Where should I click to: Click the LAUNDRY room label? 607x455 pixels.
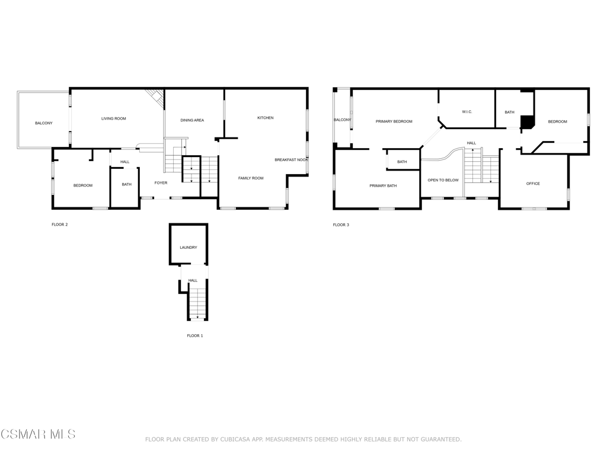point(189,248)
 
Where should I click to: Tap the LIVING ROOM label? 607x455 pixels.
point(113,118)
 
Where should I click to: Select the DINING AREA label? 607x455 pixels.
point(192,120)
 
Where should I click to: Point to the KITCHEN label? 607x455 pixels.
point(266,118)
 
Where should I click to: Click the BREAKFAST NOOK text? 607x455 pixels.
point(292,160)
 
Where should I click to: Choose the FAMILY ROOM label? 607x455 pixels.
point(251,178)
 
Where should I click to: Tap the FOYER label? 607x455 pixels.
point(161,183)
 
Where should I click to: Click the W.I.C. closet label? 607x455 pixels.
point(467,112)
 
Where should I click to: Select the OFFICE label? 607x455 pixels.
point(533,184)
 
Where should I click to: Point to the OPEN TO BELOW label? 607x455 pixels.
point(443,180)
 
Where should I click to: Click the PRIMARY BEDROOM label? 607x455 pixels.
point(394,121)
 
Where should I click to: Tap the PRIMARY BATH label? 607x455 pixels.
point(384,186)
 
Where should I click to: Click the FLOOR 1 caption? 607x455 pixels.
point(194,336)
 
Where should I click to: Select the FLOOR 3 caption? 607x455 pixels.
point(341,225)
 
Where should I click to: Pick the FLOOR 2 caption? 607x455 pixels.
point(60,225)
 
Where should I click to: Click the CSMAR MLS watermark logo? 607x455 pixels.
point(38,434)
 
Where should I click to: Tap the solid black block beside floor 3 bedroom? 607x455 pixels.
point(527,122)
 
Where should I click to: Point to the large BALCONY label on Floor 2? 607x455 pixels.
point(44,123)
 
